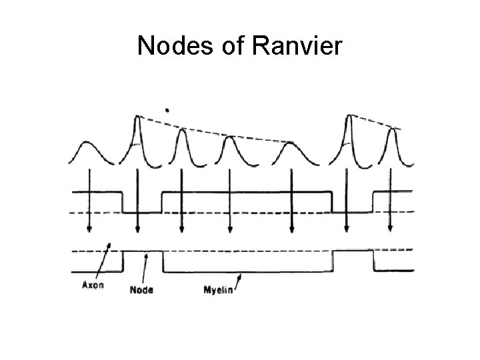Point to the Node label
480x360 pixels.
point(141,290)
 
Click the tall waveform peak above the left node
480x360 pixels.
point(137,120)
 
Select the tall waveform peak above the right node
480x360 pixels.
point(347,119)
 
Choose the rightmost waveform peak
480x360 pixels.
point(393,133)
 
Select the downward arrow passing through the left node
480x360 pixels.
point(137,200)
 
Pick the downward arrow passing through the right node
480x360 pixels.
point(346,200)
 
